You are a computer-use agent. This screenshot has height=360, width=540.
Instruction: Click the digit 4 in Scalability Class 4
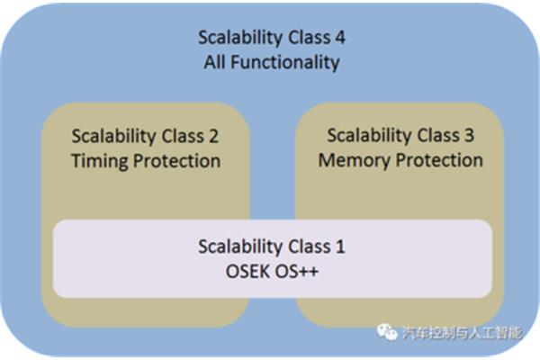[340, 37]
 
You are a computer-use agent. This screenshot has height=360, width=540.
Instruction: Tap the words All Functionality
[272, 62]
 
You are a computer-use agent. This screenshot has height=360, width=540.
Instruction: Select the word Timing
[100, 161]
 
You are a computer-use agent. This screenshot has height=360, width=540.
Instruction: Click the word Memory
[354, 160]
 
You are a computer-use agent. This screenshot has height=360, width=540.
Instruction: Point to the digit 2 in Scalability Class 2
[214, 137]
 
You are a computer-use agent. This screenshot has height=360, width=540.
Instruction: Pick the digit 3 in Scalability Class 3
[470, 135]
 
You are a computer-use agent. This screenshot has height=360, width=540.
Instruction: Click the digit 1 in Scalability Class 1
[340, 247]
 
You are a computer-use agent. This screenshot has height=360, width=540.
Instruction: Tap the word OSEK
[247, 272]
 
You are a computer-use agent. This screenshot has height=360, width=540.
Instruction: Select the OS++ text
[296, 272]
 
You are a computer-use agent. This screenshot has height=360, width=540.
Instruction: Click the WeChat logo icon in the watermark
[387, 332]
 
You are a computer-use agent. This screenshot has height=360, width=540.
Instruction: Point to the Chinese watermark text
[462, 333]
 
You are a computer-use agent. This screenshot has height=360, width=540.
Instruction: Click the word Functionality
[285, 62]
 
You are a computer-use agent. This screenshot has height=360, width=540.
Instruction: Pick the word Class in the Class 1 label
[310, 247]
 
